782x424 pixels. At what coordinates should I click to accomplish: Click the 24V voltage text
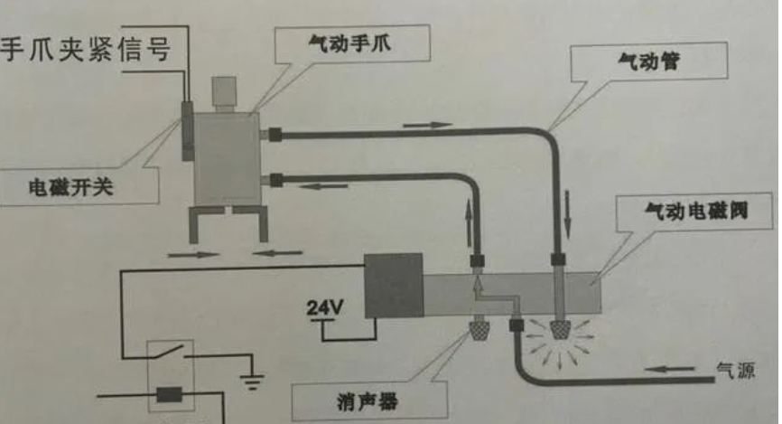click(325, 307)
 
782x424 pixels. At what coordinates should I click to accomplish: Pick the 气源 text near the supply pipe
click(734, 370)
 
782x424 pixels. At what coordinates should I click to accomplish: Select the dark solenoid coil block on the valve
click(393, 285)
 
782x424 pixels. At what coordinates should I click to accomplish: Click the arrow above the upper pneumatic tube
click(426, 123)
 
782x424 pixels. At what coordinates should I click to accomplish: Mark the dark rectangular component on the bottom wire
click(170, 395)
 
